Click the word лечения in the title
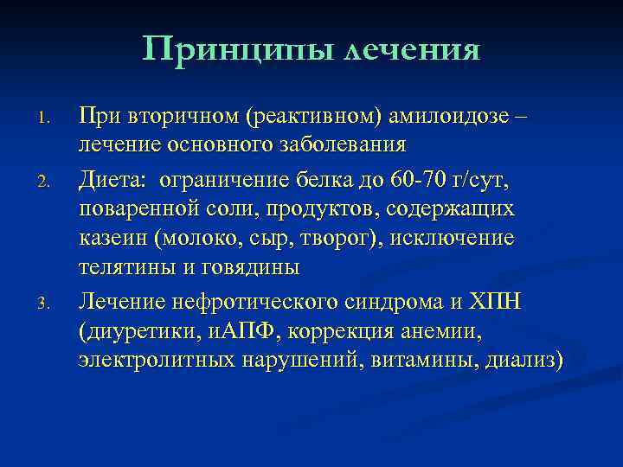pos(413,49)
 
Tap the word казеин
pos(112,238)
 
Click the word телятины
pos(118,267)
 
